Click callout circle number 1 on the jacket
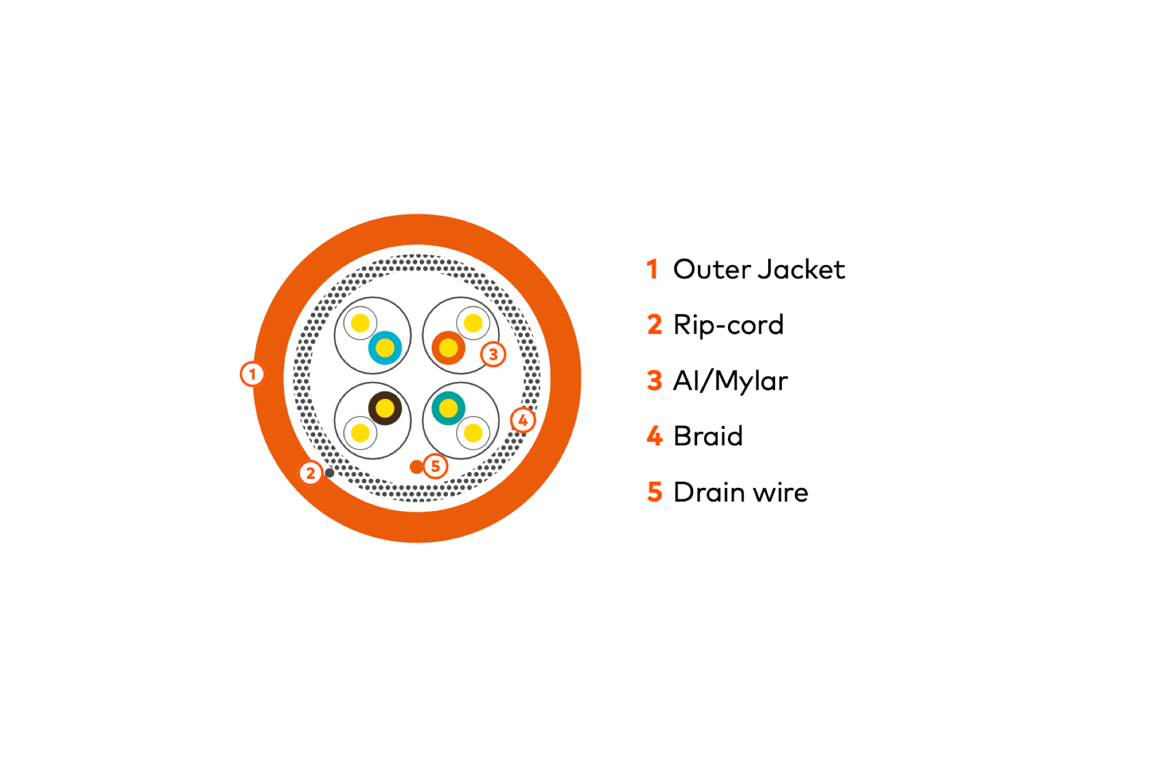(x=252, y=374)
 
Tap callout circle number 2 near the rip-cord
(x=311, y=473)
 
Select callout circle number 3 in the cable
(x=493, y=354)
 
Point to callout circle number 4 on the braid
(x=523, y=420)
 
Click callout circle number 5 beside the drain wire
(x=436, y=466)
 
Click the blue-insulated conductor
(x=385, y=348)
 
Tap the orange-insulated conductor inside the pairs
(x=448, y=348)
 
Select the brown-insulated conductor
(x=385, y=408)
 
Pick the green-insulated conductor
(x=448, y=408)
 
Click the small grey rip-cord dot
(x=329, y=473)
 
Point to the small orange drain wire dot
(x=416, y=466)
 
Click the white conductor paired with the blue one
(x=360, y=323)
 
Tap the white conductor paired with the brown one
(x=360, y=433)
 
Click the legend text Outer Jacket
(x=759, y=270)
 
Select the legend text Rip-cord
(x=729, y=325)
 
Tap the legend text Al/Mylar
(x=730, y=381)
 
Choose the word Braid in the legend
(x=708, y=436)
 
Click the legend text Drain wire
(x=741, y=492)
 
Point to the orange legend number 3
(x=654, y=381)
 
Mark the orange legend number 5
(x=654, y=492)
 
